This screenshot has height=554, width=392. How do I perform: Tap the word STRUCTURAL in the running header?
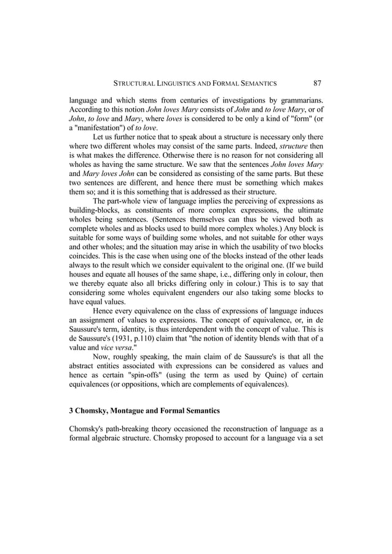tap(128, 82)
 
